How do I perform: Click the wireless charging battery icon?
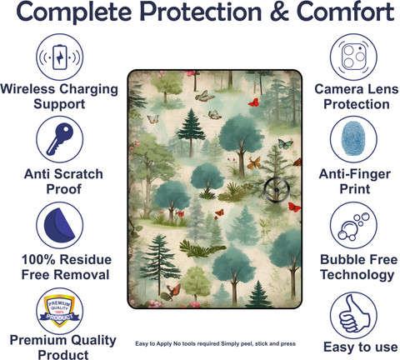[59, 57]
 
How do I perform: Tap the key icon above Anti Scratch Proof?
[59, 139]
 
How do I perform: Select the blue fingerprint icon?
[353, 138]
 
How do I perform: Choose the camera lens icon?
[353, 57]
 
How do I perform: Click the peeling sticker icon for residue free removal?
[59, 225]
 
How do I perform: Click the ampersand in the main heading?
[279, 12]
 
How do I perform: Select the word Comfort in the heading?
[346, 12]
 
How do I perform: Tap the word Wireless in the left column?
[27, 89]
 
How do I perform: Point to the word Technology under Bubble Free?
[357, 275]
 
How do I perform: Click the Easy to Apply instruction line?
[215, 343]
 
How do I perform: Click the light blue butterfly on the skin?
[286, 144]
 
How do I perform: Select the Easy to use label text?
[360, 347]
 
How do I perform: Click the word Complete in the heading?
[74, 12]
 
